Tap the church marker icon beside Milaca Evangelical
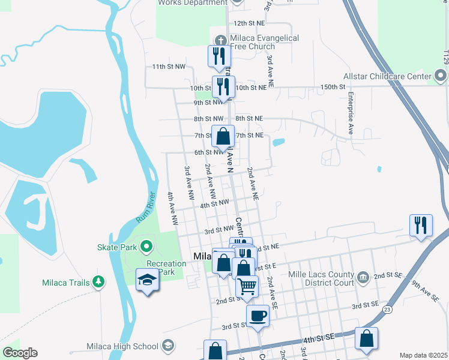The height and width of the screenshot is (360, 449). click(221, 38)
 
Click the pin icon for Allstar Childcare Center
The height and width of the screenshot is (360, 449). click(441, 76)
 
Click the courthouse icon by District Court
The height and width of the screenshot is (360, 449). click(363, 277)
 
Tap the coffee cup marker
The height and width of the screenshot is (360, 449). click(258, 315)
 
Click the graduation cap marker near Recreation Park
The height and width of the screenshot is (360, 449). click(147, 281)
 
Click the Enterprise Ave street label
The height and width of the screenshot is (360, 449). click(349, 114)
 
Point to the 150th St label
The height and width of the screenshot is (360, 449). click(333, 87)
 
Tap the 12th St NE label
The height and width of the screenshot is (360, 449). click(249, 23)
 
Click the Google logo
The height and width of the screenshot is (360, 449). click(20, 353)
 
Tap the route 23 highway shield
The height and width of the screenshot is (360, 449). click(388, 309)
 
